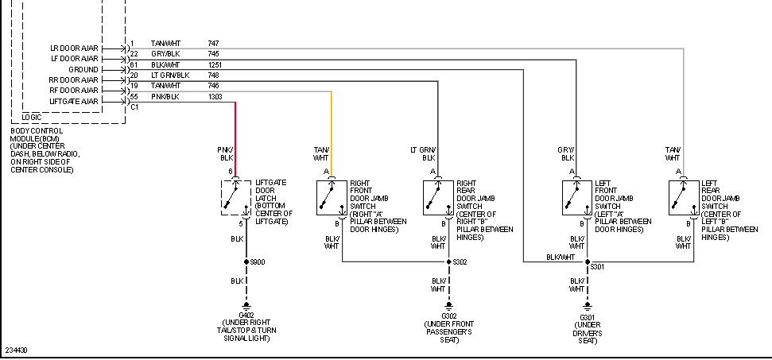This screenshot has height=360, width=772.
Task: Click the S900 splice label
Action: (x=258, y=261)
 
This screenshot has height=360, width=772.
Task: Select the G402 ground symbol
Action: (x=246, y=306)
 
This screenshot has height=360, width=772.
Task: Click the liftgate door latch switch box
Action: (x=236, y=197)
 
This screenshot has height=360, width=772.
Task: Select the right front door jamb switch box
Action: (x=332, y=197)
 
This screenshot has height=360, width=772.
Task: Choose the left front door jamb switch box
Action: (x=577, y=197)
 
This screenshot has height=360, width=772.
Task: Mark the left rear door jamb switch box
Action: (x=683, y=197)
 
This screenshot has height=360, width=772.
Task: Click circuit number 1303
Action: (x=215, y=97)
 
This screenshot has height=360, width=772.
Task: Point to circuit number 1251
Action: (x=215, y=64)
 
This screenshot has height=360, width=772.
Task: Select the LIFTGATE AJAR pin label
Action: (x=74, y=102)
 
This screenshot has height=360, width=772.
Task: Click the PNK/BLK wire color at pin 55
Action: (x=165, y=97)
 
